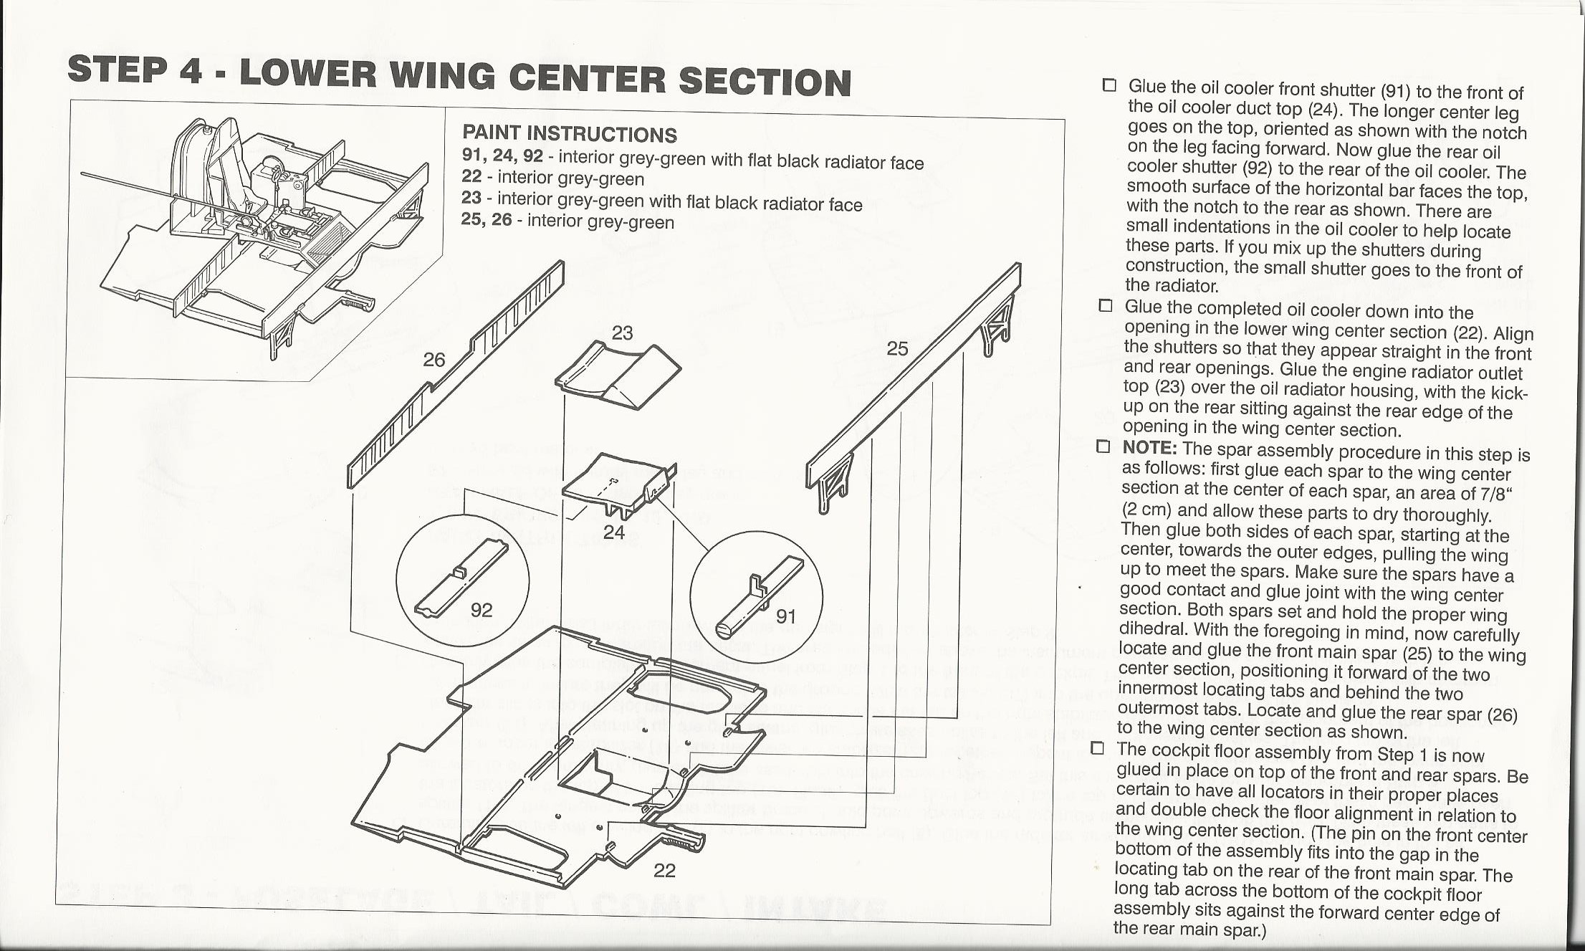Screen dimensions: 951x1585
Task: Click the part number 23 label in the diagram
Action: [x=622, y=333]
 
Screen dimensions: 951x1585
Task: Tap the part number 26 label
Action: [x=434, y=360]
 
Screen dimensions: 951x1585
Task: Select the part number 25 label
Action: [x=897, y=349]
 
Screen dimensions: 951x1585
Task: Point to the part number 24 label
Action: [x=613, y=532]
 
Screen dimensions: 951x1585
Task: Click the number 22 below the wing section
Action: [x=664, y=871]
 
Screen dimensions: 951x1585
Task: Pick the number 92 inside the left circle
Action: [x=482, y=610]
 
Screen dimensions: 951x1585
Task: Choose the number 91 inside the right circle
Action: [x=786, y=616]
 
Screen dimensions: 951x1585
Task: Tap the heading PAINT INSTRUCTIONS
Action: [x=569, y=134]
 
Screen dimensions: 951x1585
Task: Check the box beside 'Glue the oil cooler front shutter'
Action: [x=1109, y=86]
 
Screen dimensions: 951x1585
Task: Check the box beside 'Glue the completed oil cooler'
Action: [x=1106, y=306]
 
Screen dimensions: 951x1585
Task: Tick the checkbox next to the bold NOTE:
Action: [x=1103, y=447]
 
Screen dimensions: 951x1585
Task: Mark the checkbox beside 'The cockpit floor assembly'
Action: [x=1098, y=749]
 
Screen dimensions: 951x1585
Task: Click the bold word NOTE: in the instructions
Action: [x=1149, y=449]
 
